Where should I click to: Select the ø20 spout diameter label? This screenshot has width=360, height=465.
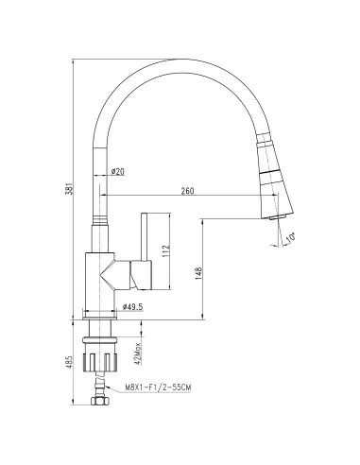118,171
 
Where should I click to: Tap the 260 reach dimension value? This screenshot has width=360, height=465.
186,193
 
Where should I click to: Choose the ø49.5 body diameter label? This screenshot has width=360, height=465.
132,307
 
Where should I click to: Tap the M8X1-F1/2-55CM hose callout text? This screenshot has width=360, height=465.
158,386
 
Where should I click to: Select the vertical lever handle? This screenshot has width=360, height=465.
146,249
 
